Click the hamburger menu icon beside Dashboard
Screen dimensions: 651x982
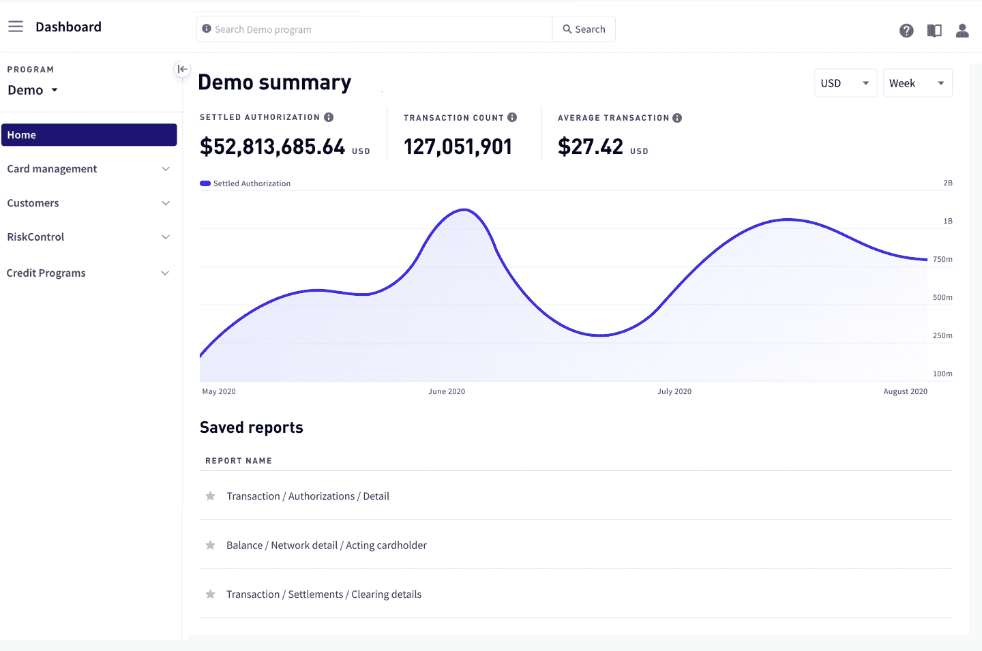click(16, 27)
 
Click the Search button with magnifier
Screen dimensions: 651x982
click(584, 29)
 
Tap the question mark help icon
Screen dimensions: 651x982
click(906, 31)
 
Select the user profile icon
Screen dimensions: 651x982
click(962, 31)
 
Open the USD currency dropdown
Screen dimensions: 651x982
click(845, 83)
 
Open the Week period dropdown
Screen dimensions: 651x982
click(917, 83)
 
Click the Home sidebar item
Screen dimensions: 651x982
click(89, 135)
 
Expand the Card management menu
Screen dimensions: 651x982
click(89, 169)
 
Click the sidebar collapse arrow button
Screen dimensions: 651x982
click(182, 69)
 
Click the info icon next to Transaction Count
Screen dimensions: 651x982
click(512, 117)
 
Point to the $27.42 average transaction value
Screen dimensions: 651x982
click(591, 147)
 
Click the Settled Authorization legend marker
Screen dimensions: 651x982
click(205, 183)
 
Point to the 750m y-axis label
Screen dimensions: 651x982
click(942, 260)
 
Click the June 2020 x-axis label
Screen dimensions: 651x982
click(447, 391)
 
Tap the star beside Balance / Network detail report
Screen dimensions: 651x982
click(211, 545)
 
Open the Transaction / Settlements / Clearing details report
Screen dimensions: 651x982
click(324, 594)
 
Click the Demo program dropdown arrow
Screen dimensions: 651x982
click(55, 90)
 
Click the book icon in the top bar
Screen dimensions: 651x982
click(934, 31)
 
